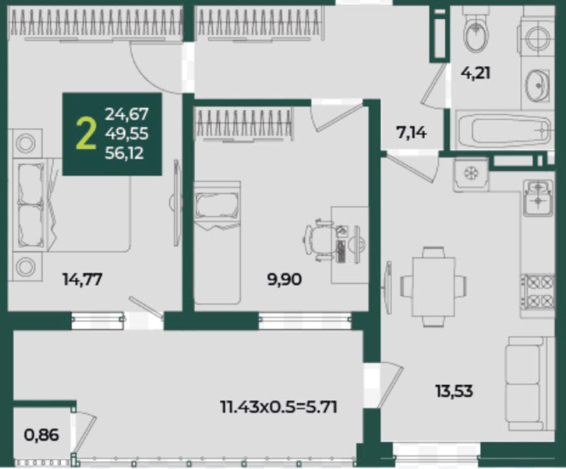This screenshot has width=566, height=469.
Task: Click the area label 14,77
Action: pos(82,279)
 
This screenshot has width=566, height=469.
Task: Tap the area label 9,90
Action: pos(285,279)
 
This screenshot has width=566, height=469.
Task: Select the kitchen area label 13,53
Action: pos(454,391)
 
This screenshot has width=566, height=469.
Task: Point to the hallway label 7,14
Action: pos(411,133)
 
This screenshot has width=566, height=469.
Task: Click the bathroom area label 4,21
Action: pos(476,73)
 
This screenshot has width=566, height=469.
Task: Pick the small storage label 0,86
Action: pos(41,435)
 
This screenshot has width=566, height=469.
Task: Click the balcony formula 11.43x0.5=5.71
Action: pos(279,408)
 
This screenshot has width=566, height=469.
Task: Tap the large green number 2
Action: pos(86,134)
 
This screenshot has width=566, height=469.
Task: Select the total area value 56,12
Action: pos(124,153)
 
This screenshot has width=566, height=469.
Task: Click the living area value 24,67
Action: pos(126,114)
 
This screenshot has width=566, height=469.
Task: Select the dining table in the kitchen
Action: pos(433,287)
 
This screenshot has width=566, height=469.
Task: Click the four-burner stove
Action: pos(538,292)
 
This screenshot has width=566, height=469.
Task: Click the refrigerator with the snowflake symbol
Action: pos(471,174)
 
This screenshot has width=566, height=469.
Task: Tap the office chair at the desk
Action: pos(318,240)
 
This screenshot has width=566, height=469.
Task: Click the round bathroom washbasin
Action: pos(538,85)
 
